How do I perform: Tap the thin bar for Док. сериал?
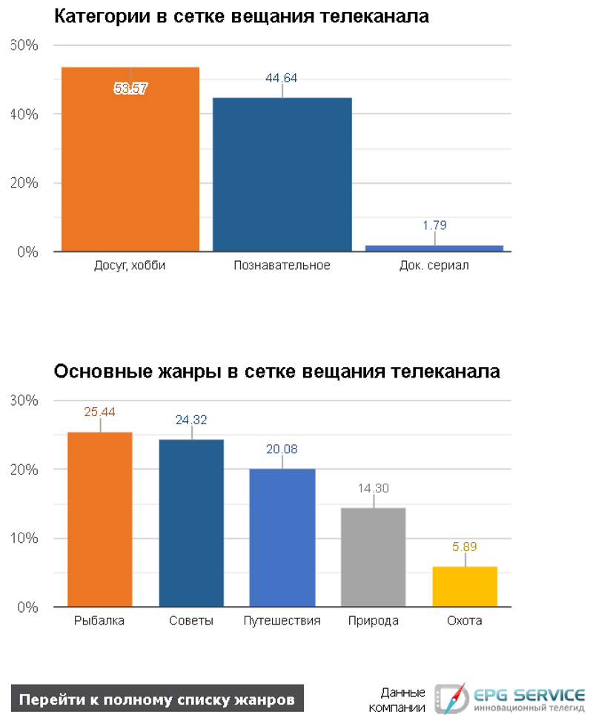pyautogui.click(x=434, y=248)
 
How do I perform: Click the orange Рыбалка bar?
pyautogui.click(x=100, y=519)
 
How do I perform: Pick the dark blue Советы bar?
pyautogui.click(x=191, y=523)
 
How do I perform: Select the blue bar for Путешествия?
pyautogui.click(x=282, y=538)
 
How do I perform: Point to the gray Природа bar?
pyautogui.click(x=373, y=557)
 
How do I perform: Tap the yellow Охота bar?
pyautogui.click(x=465, y=587)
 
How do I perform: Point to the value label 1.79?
pyautogui.click(x=434, y=225)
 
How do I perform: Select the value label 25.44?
pyautogui.click(x=100, y=412)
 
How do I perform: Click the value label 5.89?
pyautogui.click(x=465, y=547)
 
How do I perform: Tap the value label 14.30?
pyautogui.click(x=373, y=488)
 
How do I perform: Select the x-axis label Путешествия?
pyautogui.click(x=282, y=621)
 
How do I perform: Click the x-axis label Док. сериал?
pyautogui.click(x=434, y=266)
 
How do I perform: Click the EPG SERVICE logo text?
pyautogui.click(x=529, y=695)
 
